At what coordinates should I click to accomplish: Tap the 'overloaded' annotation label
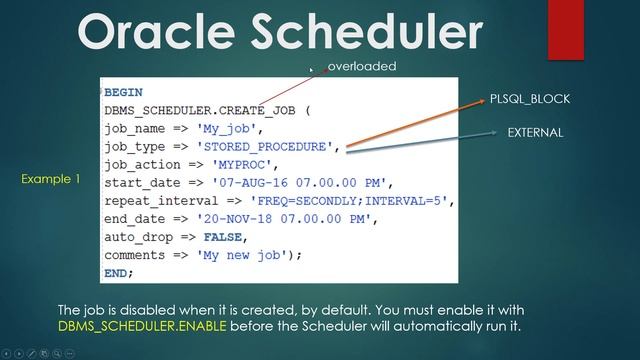coord(362,66)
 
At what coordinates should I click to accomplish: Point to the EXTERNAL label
coord(535,132)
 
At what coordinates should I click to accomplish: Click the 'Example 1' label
coord(50,179)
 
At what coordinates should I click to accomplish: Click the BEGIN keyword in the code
coord(123,92)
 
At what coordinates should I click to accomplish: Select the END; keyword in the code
coord(118,273)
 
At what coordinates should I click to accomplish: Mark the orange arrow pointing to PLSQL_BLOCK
coord(410,125)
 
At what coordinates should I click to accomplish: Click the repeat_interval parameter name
coord(155,201)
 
